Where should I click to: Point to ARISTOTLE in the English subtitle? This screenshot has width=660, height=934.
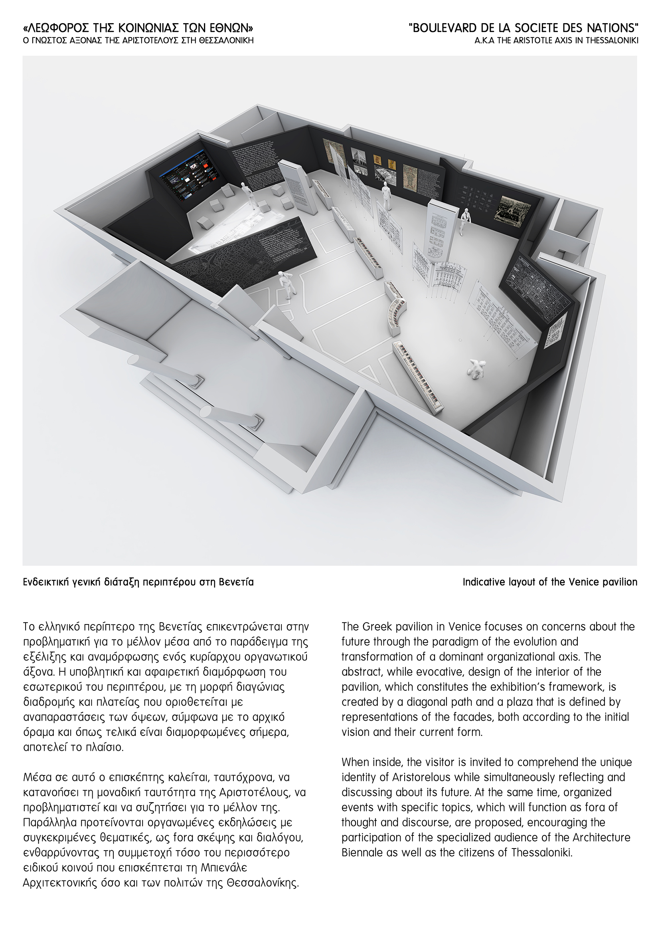[x=518, y=41]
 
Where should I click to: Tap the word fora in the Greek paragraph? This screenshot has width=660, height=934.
[x=185, y=838]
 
